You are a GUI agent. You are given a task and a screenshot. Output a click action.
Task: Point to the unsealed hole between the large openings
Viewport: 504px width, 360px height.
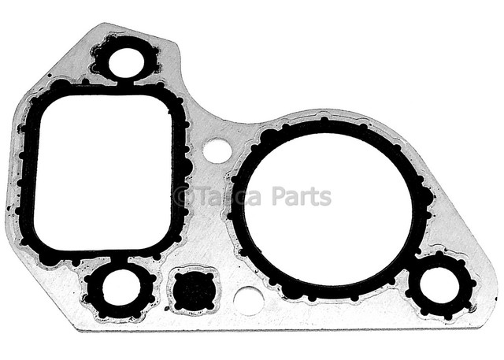217,150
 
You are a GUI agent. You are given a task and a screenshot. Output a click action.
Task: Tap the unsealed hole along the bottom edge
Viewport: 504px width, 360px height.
248,301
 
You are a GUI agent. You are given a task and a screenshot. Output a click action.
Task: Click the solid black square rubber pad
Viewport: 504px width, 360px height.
193,290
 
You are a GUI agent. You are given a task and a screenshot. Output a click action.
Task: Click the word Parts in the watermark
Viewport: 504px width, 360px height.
302,196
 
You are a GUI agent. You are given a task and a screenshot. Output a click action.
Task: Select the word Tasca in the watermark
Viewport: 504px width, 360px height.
228,196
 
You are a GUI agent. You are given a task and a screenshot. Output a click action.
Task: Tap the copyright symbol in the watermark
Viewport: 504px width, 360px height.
181,196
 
